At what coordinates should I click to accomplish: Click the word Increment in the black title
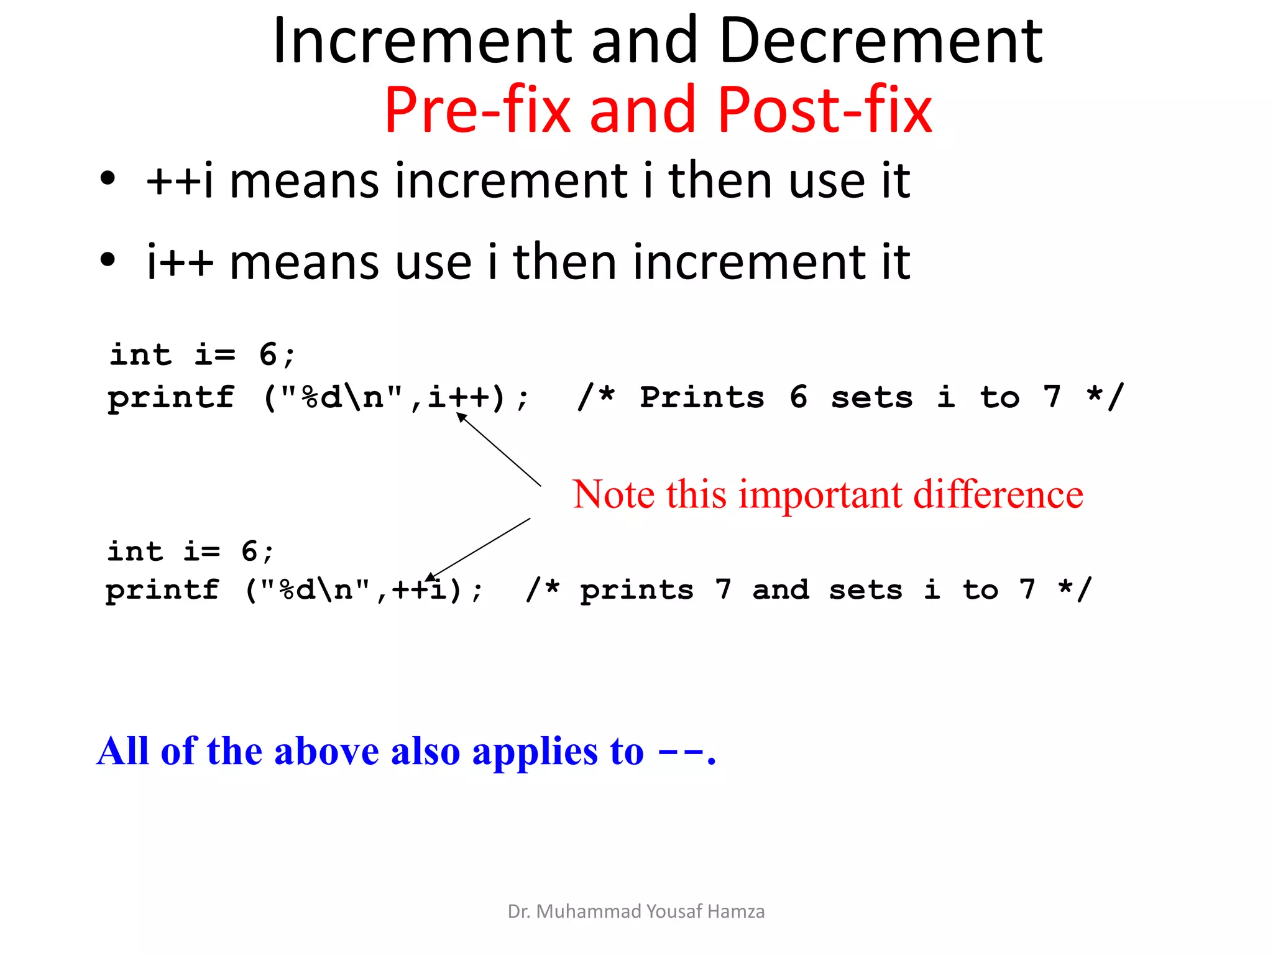[x=422, y=41]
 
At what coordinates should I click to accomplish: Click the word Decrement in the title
[x=881, y=41]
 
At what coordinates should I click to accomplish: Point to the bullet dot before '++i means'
[x=108, y=179]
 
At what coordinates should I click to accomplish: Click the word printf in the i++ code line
[x=171, y=398]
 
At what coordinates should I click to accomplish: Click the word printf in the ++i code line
[x=162, y=590]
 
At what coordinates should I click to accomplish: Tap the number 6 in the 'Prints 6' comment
[x=799, y=397]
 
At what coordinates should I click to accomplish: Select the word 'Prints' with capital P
[x=702, y=397]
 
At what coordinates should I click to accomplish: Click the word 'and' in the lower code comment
[x=781, y=589]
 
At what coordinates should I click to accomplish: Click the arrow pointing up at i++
[x=499, y=449]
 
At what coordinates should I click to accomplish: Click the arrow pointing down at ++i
[x=479, y=549]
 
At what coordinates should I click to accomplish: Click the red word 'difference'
[x=998, y=495]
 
